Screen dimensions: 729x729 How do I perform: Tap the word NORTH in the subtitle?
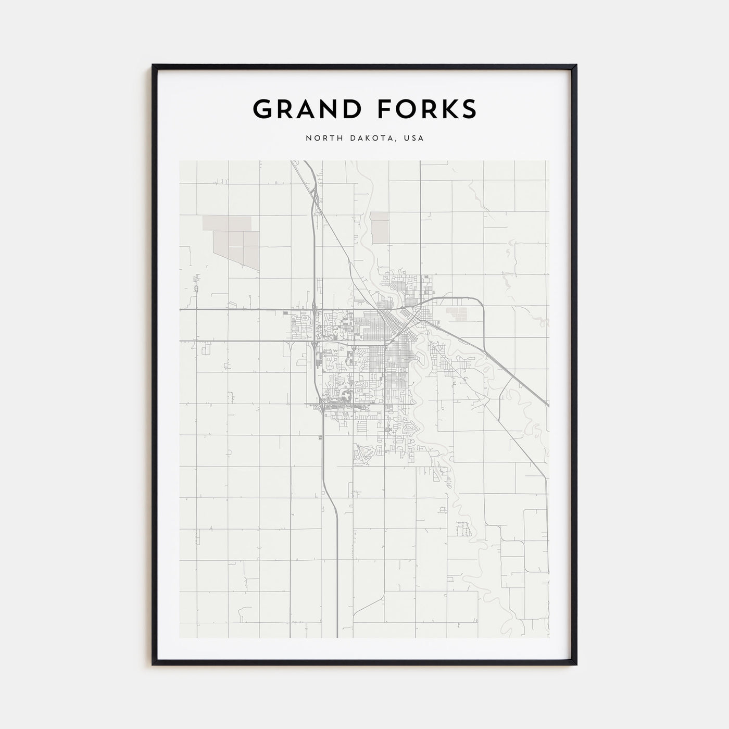pyautogui.click(x=320, y=139)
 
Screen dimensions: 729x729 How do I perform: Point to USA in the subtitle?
pyautogui.click(x=414, y=139)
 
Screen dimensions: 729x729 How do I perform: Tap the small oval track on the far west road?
pyautogui.click(x=196, y=288)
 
